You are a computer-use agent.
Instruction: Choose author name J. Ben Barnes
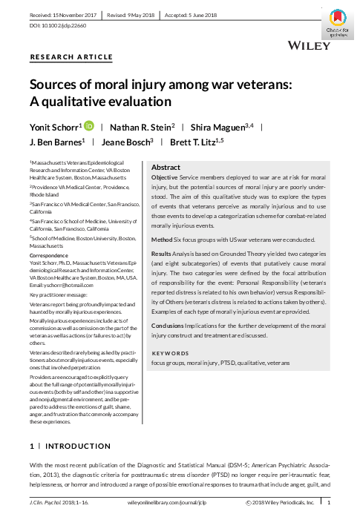pyautogui.click(x=54, y=142)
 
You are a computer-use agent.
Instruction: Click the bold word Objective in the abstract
pyautogui.click(x=165, y=180)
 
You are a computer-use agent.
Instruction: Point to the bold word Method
pyautogui.click(x=163, y=239)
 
